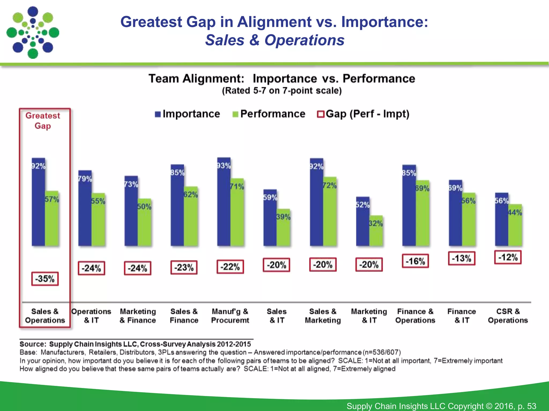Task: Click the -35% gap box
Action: (x=45, y=279)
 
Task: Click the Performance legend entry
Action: (x=269, y=114)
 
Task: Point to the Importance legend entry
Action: (x=188, y=114)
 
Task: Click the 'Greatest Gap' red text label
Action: (x=43, y=121)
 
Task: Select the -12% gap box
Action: (x=508, y=257)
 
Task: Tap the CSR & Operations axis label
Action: (x=508, y=316)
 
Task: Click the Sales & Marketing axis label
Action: (x=323, y=316)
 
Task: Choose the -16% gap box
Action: (x=415, y=261)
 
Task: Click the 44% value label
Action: (x=515, y=213)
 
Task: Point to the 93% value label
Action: (x=224, y=166)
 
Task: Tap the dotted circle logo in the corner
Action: (x=33, y=33)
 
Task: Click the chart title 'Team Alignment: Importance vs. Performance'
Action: (x=282, y=79)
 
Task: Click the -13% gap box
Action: (x=461, y=258)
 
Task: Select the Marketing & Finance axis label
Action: (x=138, y=316)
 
